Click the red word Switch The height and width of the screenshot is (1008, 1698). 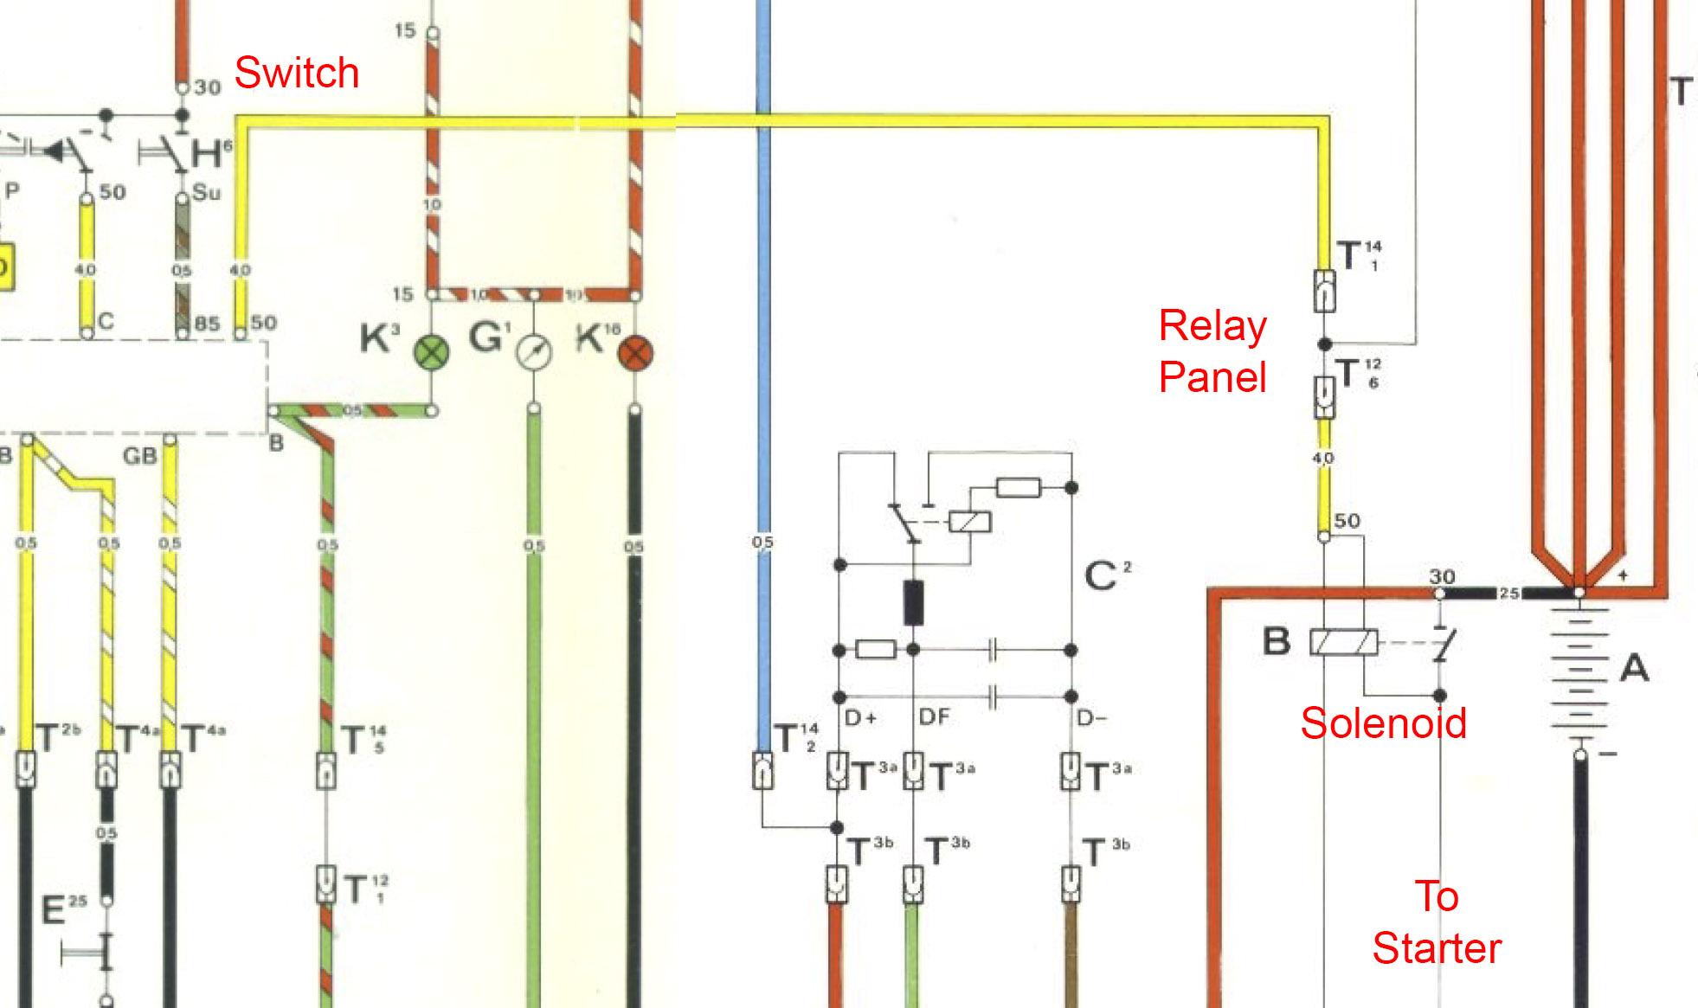pos(296,73)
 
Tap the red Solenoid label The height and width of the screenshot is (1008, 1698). pos(1383,723)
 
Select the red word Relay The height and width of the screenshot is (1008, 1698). pos(1212,327)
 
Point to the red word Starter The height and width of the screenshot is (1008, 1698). pos(1437,948)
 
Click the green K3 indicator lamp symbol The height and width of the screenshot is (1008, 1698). pos(432,353)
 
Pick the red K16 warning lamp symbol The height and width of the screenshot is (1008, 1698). pos(636,353)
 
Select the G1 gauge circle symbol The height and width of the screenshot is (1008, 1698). pos(534,351)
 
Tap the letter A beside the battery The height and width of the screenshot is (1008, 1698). pos(1634,668)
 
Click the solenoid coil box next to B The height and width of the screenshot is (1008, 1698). pos(1343,642)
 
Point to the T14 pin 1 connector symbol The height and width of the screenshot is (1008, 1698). pos(1324,291)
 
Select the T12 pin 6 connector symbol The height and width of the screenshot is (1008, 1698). pos(1324,396)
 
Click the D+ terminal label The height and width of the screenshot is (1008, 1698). pos(860,717)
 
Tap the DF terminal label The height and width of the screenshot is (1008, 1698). pos(934,717)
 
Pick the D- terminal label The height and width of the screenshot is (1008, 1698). pos(1091,717)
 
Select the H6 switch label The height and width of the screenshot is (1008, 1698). pos(211,154)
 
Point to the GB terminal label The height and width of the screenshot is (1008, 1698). pos(139,456)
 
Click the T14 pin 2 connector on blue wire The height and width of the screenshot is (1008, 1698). pos(762,770)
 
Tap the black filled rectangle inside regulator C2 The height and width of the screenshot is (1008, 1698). pos(913,602)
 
